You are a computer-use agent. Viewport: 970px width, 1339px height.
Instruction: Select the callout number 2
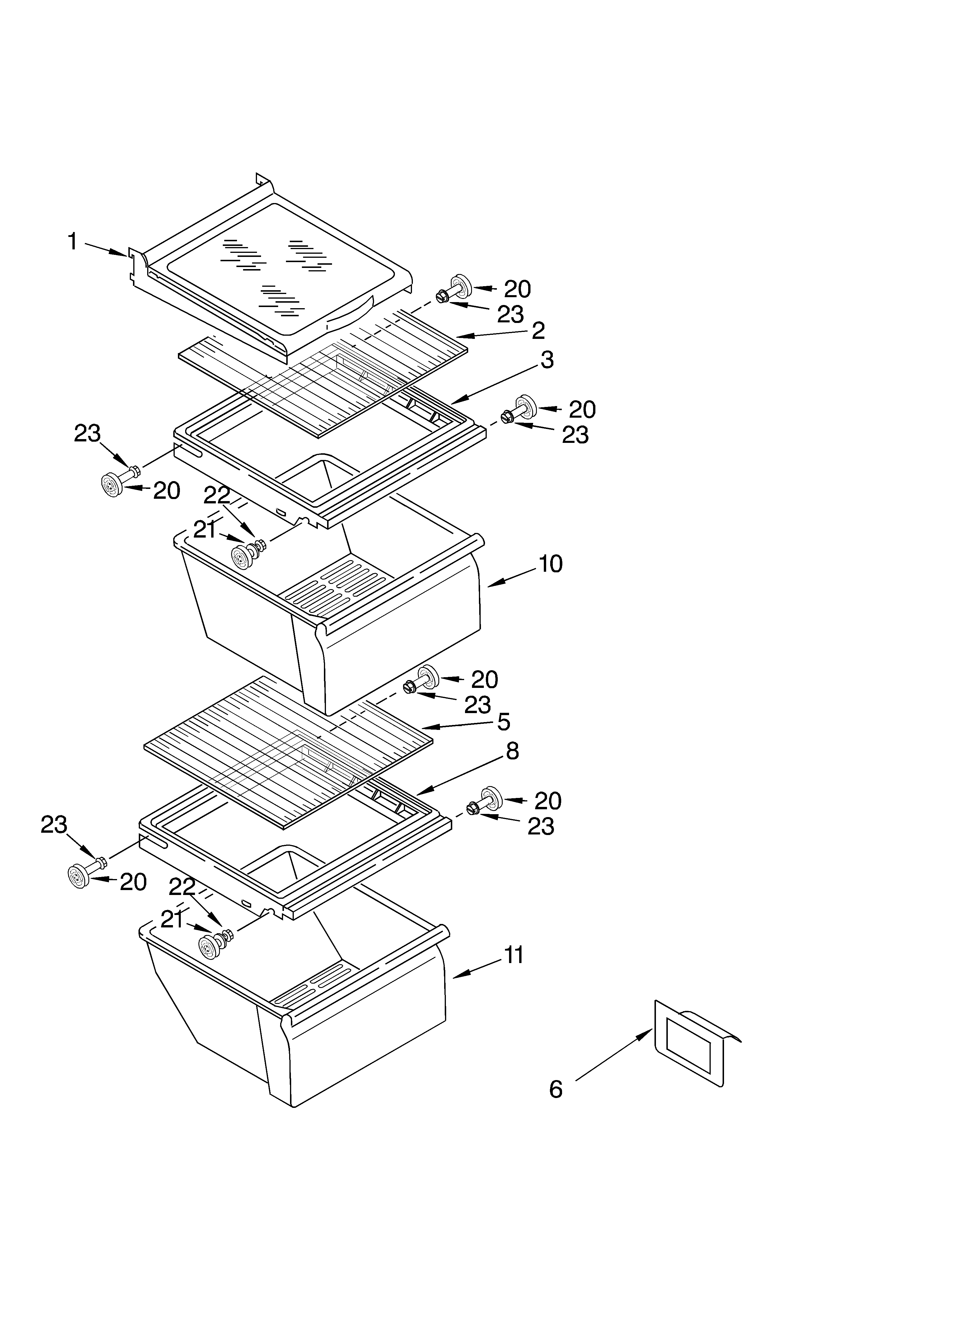point(537,330)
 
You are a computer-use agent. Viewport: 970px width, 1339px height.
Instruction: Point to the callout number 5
point(503,721)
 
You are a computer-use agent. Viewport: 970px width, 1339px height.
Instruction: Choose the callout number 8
point(512,751)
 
